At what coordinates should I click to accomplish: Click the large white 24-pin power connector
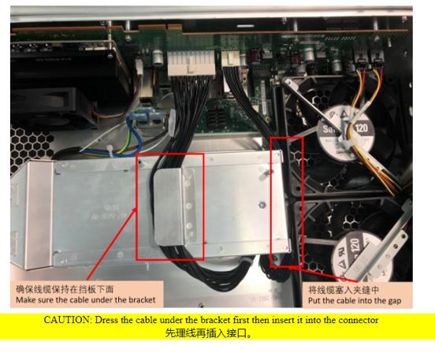click(x=191, y=64)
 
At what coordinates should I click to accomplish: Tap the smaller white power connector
click(x=230, y=59)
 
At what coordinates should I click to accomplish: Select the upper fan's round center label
click(x=345, y=132)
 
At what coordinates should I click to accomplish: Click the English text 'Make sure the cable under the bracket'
click(x=86, y=300)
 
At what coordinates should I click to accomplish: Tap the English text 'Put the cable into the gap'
click(x=355, y=301)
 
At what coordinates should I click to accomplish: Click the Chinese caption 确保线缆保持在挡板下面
click(x=65, y=289)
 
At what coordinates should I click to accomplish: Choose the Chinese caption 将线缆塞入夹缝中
click(x=344, y=290)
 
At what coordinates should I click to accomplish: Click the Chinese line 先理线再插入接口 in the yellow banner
click(x=209, y=332)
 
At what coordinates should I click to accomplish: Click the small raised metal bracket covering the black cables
click(x=169, y=206)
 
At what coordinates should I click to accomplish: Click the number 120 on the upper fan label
click(x=362, y=128)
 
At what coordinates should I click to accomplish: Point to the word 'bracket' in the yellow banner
click(x=215, y=320)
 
